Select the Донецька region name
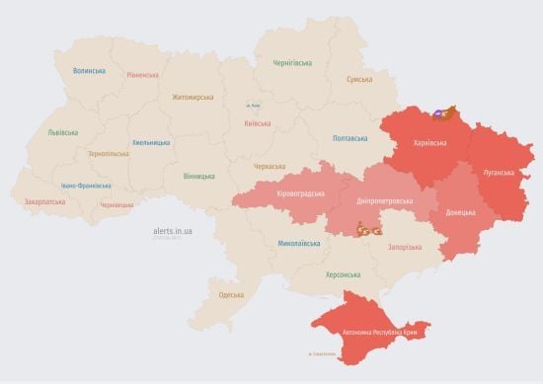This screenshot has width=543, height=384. point(459,212)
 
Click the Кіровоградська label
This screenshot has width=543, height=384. point(300,193)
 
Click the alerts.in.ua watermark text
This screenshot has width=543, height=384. point(173,229)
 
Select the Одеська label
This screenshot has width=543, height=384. point(230,295)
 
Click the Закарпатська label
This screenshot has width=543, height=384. point(44,201)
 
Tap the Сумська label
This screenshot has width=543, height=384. point(359,80)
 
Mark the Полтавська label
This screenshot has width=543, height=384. point(352,138)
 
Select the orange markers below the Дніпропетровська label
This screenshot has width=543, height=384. point(369,230)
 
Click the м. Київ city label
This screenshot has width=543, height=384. point(254,105)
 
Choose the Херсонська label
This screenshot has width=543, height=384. point(343,274)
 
